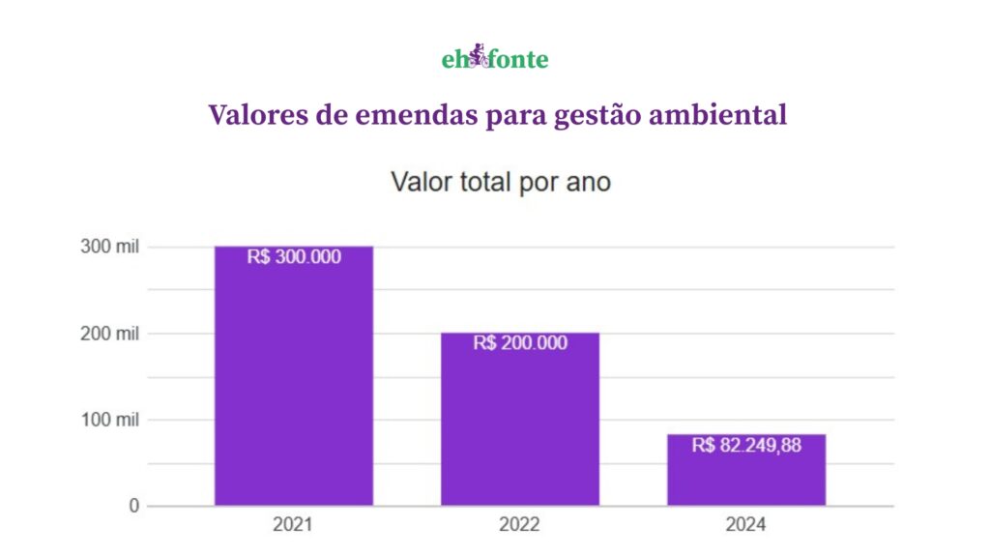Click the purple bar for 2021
[x=293, y=387]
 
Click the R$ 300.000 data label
[x=294, y=257]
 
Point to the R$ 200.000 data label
[x=520, y=343]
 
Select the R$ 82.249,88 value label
[x=746, y=446]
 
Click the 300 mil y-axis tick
[x=109, y=248]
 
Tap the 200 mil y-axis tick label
[x=109, y=334]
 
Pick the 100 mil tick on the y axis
[x=109, y=420]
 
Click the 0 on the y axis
[x=134, y=506]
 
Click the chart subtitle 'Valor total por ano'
[x=500, y=182]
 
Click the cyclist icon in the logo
[x=478, y=57]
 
